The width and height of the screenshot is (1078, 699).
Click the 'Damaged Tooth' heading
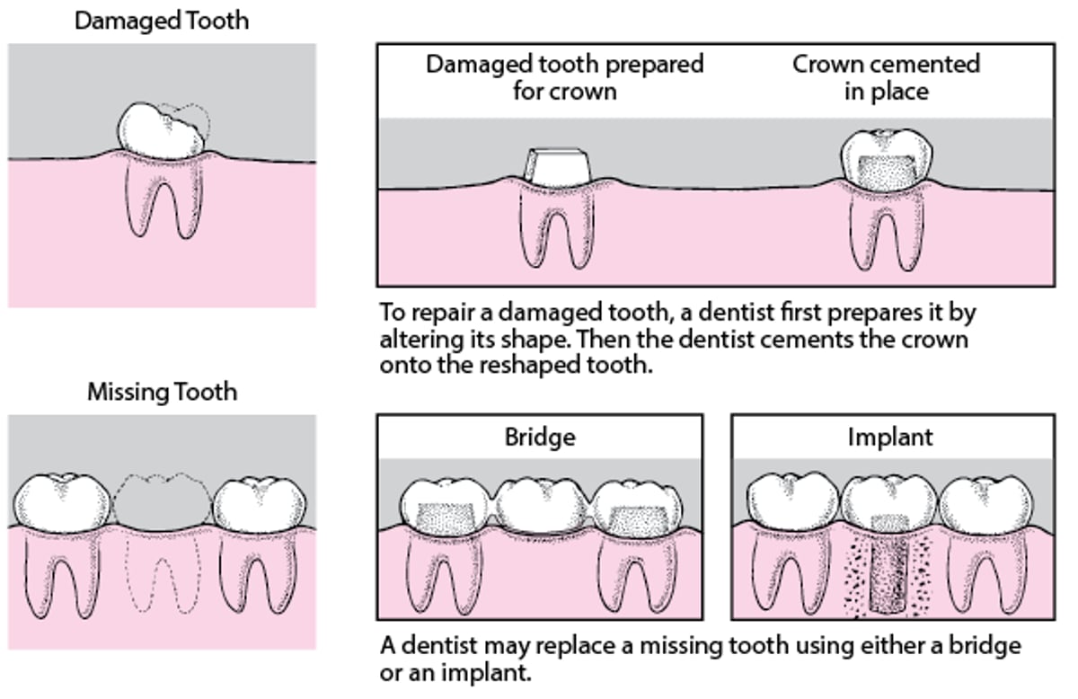[162, 21]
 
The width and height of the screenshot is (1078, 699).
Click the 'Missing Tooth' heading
[163, 393]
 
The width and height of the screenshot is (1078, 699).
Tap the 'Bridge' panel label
[540, 438]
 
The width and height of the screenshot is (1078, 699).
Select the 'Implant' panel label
[890, 438]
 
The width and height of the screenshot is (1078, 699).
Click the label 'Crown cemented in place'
[886, 77]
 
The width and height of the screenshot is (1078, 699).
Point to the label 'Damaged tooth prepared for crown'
[564, 77]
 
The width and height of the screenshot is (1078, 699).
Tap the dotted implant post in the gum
[890, 566]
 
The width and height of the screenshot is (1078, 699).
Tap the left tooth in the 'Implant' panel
[788, 500]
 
